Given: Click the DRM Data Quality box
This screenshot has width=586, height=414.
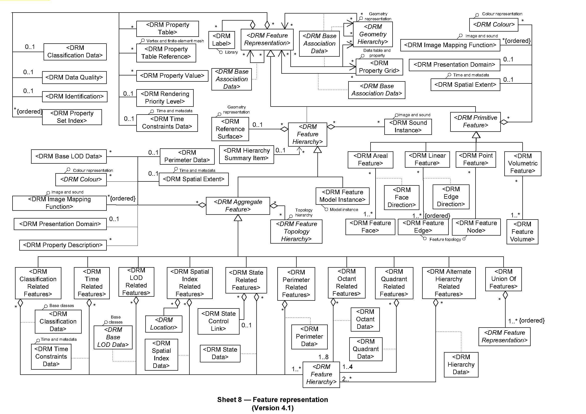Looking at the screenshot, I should pos(74,78).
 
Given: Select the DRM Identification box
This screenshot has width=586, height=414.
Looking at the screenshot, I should pos(74,96).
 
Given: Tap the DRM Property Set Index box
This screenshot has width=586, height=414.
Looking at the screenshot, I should pos(72,117).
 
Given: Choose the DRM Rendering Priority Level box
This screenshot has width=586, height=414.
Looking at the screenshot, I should pos(165,98).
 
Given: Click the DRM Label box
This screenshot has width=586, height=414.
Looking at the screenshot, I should pos(221,40).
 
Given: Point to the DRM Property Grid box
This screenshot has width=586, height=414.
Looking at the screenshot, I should pos(379,67).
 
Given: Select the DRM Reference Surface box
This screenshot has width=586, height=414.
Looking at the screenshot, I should pos(230,129).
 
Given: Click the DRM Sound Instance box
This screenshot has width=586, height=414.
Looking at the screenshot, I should pos(408,127).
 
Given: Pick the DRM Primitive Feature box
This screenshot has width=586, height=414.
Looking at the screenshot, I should pos(475,122).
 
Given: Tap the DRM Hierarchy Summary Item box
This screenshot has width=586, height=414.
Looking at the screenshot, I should pos(247,154).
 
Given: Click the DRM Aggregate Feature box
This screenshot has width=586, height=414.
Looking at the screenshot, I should pos(238,206).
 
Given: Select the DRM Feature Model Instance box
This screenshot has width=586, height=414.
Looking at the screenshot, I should pos(342,196).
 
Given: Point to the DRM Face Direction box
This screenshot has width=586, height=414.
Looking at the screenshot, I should pos(401,197).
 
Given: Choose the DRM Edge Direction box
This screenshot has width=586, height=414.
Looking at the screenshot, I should pos(451,197).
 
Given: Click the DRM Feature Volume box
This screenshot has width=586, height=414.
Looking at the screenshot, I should pos(522,232).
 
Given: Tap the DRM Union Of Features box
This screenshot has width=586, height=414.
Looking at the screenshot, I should pos(503,279).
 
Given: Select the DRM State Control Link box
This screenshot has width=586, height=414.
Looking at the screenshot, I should pos(218,321).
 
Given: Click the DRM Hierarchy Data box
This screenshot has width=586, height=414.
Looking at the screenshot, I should pos(461,365).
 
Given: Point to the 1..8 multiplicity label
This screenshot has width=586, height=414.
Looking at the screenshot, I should pos(323,357).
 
